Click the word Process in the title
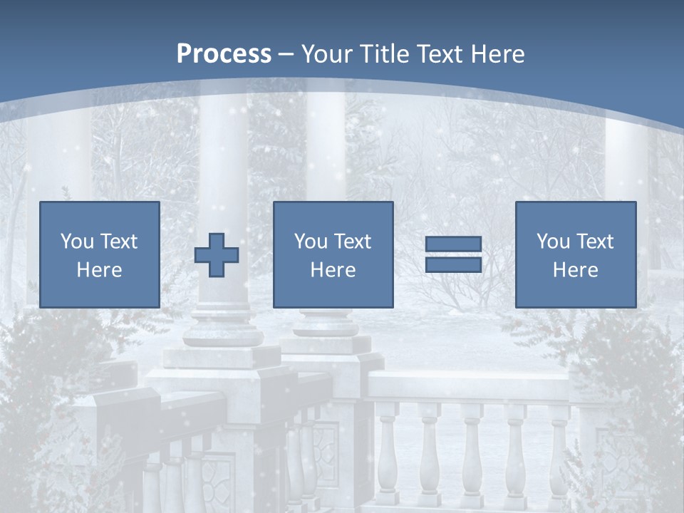(224, 54)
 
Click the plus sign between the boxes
(217, 255)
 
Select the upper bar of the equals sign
(453, 245)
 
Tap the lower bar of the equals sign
(453, 264)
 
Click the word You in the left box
(77, 242)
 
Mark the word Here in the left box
(99, 270)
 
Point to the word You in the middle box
(311, 242)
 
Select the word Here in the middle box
(333, 270)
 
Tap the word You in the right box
(553, 242)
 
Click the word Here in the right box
(575, 270)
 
